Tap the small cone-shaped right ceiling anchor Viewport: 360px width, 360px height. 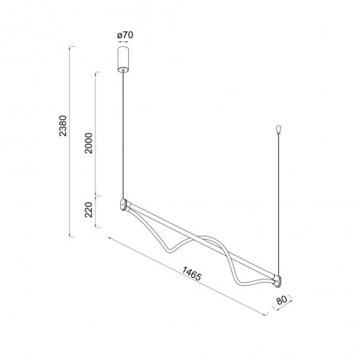point(278,127)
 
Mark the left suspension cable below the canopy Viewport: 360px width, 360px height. point(123,135)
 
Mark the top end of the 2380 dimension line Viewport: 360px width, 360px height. point(72,48)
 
